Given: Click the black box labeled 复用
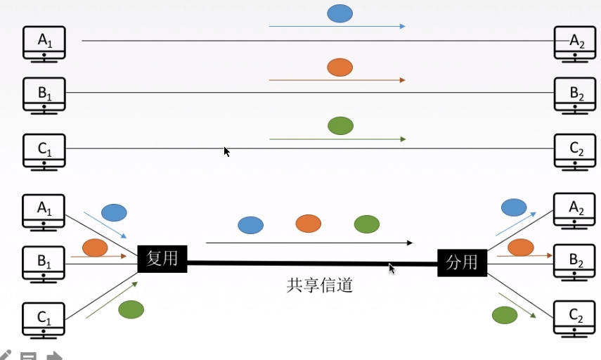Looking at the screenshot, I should coord(162,259).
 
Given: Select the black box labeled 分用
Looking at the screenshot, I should coord(462,262).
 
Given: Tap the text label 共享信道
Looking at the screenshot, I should coord(319,285).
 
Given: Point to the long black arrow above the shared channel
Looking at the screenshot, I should coord(309,243).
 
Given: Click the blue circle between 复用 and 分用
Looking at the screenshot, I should coord(250,225).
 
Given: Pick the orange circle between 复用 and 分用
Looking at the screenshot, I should coord(308,224).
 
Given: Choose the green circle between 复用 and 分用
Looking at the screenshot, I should coord(366,224).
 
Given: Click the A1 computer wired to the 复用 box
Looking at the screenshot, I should coord(44,211).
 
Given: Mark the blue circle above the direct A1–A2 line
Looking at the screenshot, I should coord(340,13).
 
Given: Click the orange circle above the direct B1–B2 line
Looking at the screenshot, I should coord(340,67).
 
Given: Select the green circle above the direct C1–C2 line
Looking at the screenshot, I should coord(340,126).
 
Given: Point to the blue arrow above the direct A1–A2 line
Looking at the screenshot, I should coord(337,27).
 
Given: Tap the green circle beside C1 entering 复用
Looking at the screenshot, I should coord(131,309).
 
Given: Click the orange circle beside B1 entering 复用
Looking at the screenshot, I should coord(95,247).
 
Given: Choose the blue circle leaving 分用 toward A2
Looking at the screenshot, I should coord(513,207).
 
